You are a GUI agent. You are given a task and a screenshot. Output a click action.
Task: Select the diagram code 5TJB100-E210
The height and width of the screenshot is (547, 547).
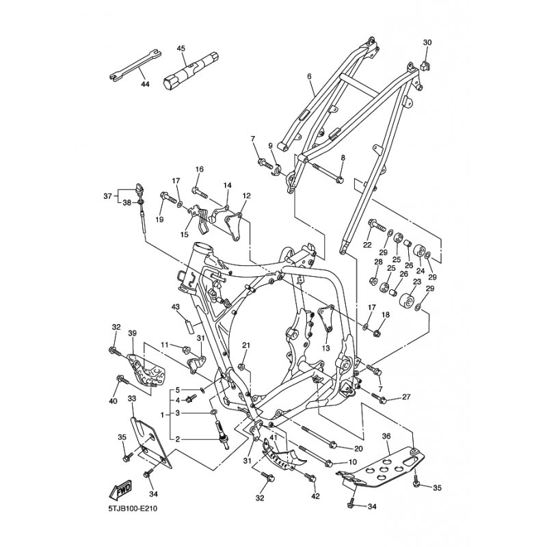(x=133, y=508)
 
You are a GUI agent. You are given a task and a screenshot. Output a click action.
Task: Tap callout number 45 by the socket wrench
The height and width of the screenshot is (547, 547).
(x=181, y=48)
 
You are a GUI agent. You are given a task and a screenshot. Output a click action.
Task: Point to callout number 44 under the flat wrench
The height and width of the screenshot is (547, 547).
(x=145, y=84)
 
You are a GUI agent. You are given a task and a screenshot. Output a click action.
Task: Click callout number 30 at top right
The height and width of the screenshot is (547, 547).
(x=427, y=42)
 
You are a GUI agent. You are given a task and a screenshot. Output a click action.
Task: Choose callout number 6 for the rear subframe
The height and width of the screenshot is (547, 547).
(x=310, y=77)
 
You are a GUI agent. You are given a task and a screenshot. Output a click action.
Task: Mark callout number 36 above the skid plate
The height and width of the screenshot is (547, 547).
(x=386, y=436)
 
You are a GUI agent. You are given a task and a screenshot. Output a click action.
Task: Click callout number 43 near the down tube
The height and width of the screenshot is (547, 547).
(x=176, y=306)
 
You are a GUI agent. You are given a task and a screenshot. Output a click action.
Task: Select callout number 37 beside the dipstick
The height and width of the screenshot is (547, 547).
(x=108, y=196)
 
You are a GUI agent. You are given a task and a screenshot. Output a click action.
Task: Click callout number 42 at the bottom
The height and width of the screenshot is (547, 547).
(x=315, y=496)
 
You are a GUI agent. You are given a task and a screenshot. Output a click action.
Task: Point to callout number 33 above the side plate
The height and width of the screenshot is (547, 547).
(x=131, y=398)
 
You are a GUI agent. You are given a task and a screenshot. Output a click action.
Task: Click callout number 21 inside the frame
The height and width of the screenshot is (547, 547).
(x=246, y=345)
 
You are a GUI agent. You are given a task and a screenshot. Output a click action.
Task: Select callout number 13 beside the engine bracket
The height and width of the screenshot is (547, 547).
(x=326, y=348)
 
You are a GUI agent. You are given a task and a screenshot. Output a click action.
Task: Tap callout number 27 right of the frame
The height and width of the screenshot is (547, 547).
(x=405, y=397)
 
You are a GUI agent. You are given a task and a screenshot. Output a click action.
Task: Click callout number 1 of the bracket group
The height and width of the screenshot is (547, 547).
(x=162, y=415)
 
